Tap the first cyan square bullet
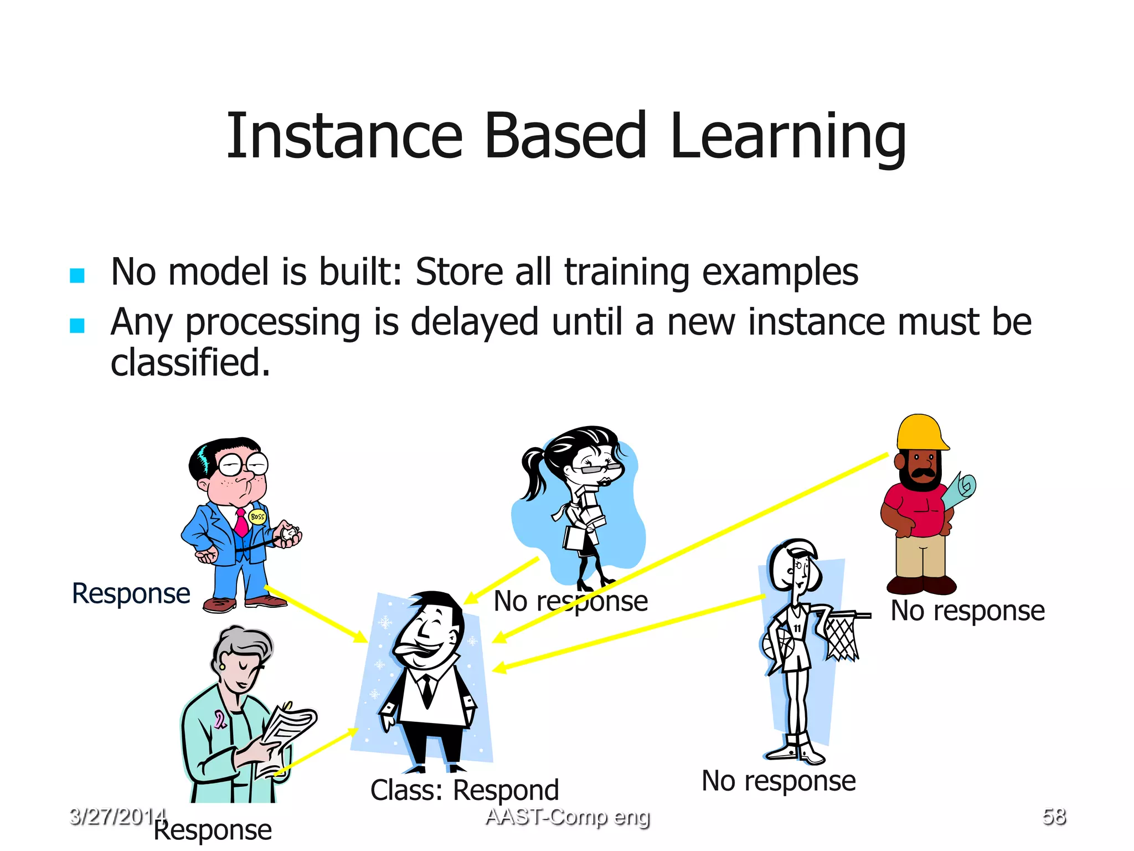(x=77, y=275)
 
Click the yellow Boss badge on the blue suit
(x=257, y=516)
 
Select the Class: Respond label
(x=464, y=790)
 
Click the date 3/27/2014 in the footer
(x=117, y=817)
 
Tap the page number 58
(x=1054, y=817)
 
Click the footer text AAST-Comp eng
(x=568, y=817)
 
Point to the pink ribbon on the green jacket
(x=220, y=720)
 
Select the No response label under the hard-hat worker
(x=967, y=611)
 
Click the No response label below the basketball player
(x=778, y=781)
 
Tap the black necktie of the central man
(x=427, y=690)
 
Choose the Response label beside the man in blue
(x=131, y=593)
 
